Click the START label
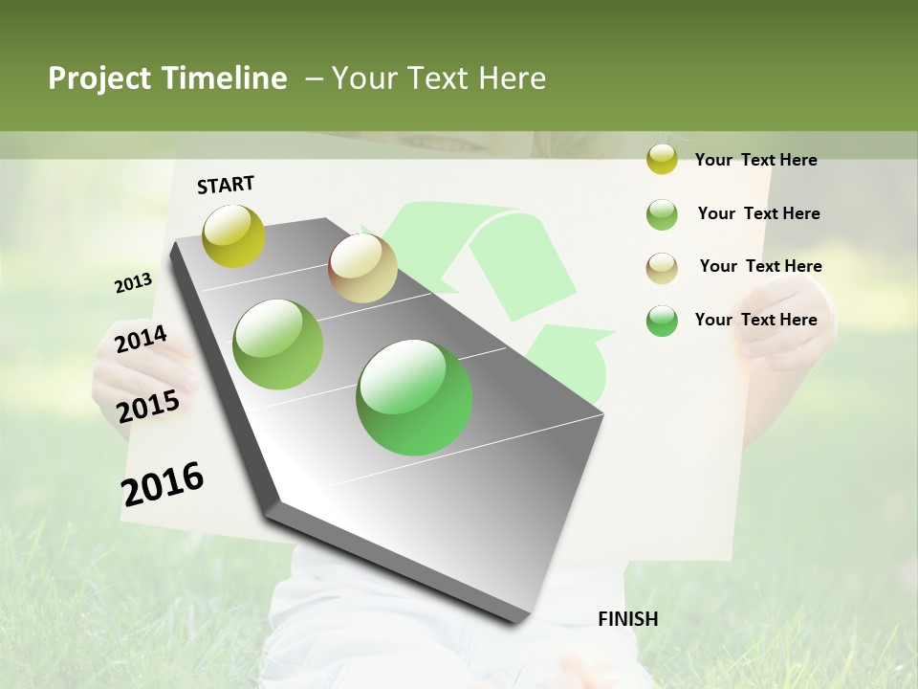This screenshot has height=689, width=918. (x=226, y=185)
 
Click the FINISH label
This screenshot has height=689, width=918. (x=627, y=619)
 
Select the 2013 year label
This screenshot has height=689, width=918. (x=133, y=283)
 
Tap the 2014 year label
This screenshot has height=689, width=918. (x=141, y=339)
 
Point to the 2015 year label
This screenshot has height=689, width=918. (x=147, y=407)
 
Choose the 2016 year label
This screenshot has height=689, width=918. (x=163, y=483)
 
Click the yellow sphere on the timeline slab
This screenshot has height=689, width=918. (x=233, y=235)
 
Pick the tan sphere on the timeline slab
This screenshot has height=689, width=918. (x=362, y=268)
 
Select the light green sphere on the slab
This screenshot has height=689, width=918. (x=277, y=344)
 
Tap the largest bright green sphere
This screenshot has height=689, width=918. (x=414, y=397)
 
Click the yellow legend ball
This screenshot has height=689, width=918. (x=662, y=159)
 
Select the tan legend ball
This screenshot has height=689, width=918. (x=662, y=267)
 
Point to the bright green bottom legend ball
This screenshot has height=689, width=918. (x=662, y=321)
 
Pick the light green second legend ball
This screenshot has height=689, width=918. (x=662, y=213)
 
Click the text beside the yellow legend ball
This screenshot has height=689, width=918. (x=755, y=160)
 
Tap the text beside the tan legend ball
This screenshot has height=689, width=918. (x=760, y=266)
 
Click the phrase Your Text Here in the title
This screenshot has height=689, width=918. (x=438, y=78)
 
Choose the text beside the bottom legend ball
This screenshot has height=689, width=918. (x=755, y=320)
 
